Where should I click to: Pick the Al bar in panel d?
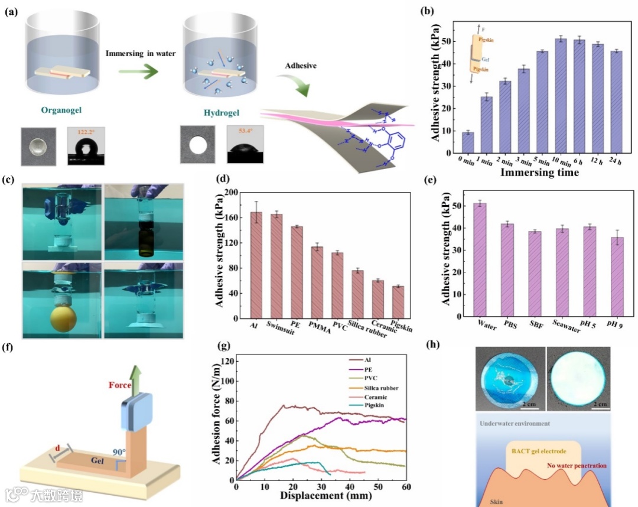(256, 266)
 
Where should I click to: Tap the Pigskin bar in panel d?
(398, 303)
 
